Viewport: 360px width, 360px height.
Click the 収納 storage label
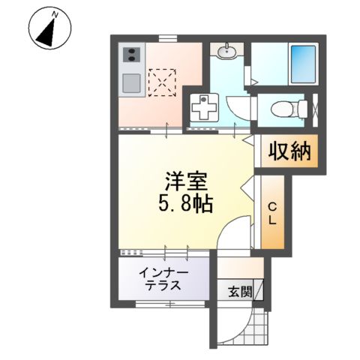point(285,152)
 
